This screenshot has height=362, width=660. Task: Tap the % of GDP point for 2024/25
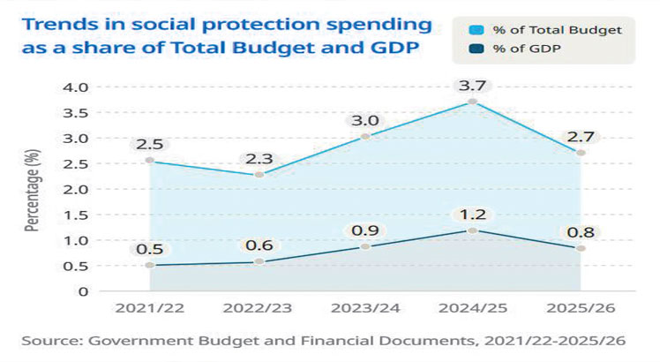click(473, 230)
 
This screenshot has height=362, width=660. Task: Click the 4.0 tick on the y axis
click(79, 87)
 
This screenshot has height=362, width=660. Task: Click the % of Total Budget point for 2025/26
click(581, 153)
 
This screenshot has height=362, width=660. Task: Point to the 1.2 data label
click(473, 215)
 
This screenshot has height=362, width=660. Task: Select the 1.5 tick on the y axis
click(79, 215)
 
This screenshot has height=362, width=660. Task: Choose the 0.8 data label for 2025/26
click(581, 232)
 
